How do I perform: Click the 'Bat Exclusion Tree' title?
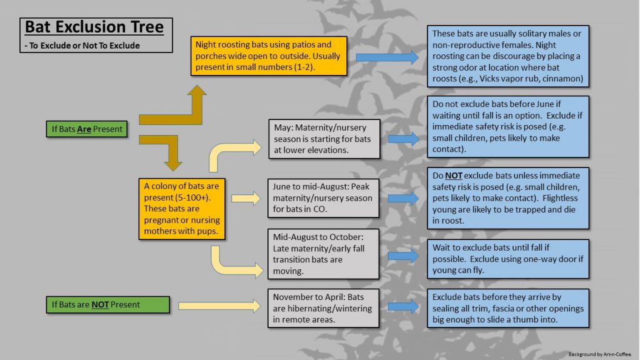(94, 27)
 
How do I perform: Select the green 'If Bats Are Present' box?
(86, 129)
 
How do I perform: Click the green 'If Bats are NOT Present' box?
(107, 304)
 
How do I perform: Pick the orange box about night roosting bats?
(269, 56)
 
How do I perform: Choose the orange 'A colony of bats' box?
(182, 209)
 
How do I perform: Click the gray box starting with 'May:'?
(324, 139)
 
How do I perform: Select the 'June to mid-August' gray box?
(323, 198)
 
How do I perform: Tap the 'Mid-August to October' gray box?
(323, 254)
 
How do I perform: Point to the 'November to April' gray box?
(323, 308)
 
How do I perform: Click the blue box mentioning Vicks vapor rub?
(508, 56)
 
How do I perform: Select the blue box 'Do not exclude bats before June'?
(508, 126)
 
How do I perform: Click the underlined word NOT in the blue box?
(454, 176)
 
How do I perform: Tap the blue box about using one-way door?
(508, 259)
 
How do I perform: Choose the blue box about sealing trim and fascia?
(508, 308)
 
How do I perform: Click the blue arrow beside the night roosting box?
(387, 57)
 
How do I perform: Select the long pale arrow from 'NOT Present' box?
(219, 306)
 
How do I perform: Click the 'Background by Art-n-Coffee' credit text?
(599, 354)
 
